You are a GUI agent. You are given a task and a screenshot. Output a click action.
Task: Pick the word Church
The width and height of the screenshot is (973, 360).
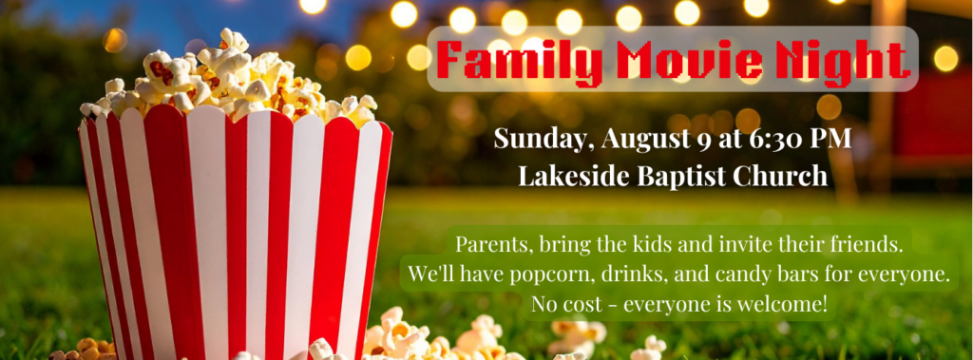click(x=780, y=177)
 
